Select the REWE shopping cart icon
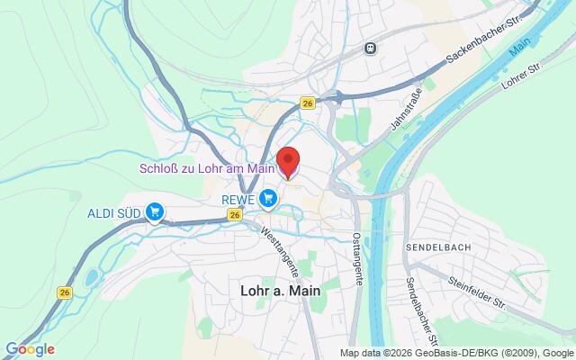[267, 197]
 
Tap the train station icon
[370, 48]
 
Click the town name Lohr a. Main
[281, 291]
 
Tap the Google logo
[30, 349]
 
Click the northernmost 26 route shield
[308, 104]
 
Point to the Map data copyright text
[456, 353]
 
